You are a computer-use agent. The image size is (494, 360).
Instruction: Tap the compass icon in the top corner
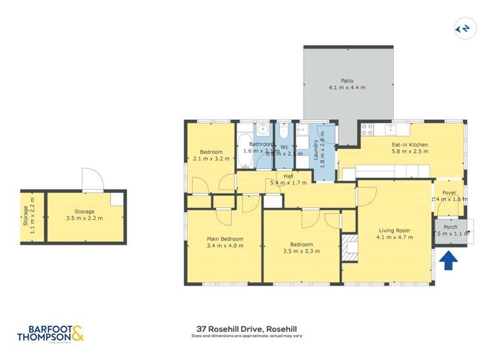[462, 28]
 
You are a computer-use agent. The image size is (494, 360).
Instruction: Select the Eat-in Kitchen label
[410, 144]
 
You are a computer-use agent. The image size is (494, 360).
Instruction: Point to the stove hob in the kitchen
[367, 129]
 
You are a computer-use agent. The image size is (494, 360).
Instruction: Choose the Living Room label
[394, 230]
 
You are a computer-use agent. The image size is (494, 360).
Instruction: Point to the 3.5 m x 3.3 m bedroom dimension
[301, 251]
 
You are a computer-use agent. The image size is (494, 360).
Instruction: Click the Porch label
[451, 227]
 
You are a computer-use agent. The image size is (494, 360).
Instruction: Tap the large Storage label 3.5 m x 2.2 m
[84, 215]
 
